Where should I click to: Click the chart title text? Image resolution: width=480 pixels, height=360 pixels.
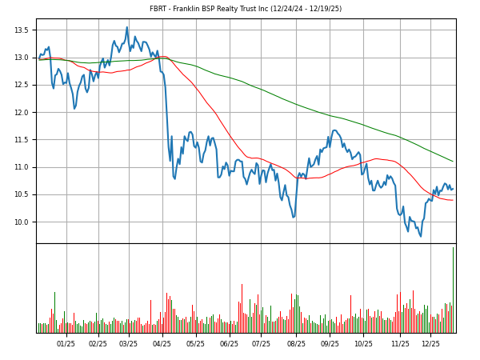[x=246, y=9]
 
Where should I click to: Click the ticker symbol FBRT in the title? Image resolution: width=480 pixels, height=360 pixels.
[x=160, y=9]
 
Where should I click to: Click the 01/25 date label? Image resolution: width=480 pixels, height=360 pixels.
[x=66, y=344]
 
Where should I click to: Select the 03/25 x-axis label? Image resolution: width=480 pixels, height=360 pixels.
[x=128, y=344]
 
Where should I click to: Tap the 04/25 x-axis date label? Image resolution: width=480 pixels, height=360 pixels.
[x=162, y=344]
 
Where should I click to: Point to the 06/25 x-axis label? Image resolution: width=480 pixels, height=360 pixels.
[x=229, y=344]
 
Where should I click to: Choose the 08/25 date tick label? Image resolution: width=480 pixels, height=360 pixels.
[x=296, y=344]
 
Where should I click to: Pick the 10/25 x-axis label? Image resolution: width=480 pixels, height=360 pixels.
[x=363, y=344]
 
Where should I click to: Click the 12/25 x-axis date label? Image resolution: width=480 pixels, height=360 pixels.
[x=430, y=344]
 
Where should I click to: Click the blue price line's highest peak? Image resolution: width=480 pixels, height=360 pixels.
[x=126, y=27]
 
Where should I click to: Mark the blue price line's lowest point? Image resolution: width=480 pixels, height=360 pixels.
[x=421, y=236]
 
